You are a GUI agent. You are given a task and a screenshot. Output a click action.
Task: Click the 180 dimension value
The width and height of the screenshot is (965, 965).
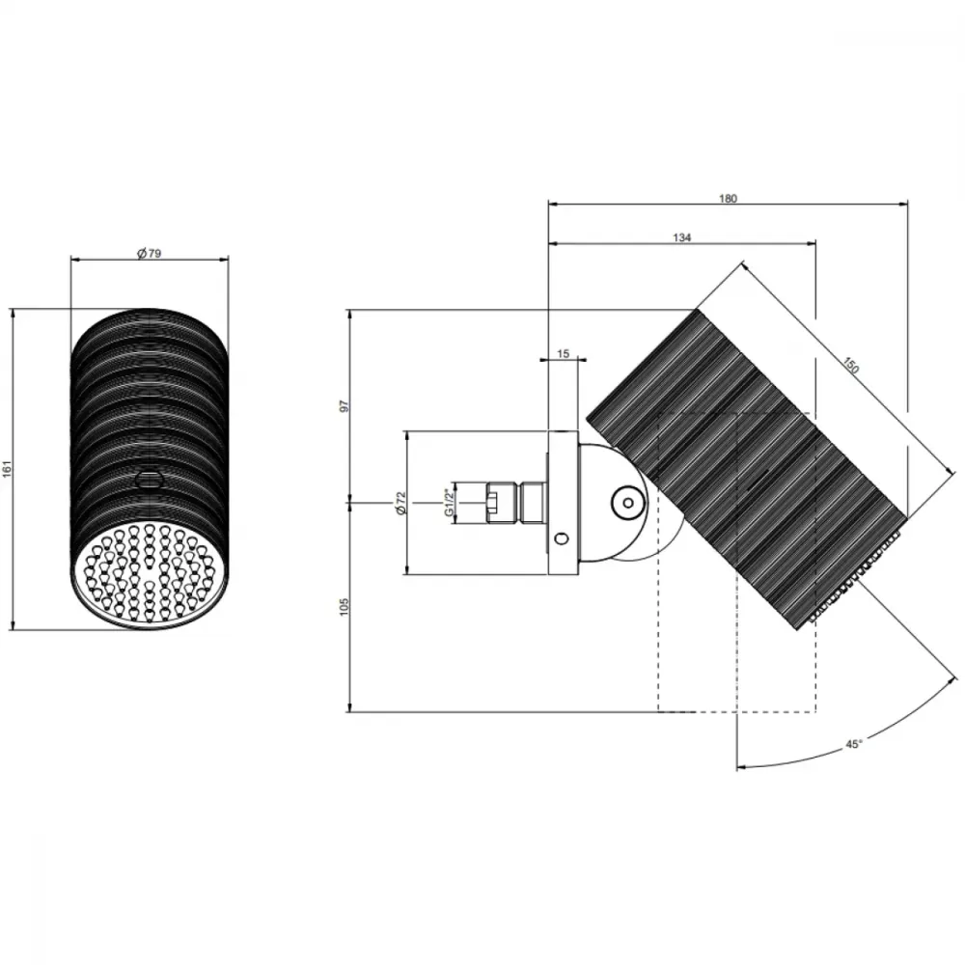point(728,199)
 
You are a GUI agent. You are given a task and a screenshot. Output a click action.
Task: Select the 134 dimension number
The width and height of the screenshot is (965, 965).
point(682,237)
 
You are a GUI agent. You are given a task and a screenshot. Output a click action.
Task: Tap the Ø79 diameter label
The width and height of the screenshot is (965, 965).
point(149,253)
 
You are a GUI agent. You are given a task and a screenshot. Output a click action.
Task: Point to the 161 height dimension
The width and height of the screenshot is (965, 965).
point(8,470)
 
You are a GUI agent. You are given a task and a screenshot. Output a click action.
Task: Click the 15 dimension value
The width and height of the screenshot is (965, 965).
point(564,354)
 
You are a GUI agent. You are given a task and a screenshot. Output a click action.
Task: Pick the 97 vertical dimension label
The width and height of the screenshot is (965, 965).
point(345,406)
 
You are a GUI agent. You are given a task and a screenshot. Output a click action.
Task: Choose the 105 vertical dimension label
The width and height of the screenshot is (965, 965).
point(345,606)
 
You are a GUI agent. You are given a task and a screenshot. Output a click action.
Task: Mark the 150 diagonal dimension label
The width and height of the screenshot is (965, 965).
point(850,365)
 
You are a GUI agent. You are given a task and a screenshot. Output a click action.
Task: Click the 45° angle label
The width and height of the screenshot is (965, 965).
point(854,744)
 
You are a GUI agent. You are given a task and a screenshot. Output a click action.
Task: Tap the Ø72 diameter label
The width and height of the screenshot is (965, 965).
point(401,503)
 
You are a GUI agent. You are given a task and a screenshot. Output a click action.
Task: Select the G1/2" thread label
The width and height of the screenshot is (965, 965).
point(450,502)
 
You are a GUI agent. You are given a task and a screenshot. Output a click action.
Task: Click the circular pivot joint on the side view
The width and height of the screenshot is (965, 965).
point(628,503)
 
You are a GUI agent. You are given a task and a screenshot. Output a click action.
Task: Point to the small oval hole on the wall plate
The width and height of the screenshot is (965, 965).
point(562,539)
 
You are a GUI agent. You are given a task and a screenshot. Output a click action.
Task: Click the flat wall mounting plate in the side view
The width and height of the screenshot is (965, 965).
point(563,503)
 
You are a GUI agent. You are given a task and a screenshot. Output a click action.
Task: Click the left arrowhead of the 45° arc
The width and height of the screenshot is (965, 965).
point(741,767)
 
